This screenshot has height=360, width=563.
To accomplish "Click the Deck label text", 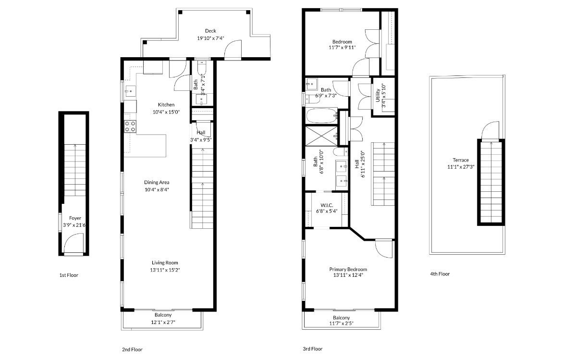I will click(x=210, y=31).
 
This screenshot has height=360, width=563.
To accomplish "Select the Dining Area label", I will click(x=157, y=182).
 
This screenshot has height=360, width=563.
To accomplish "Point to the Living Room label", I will click(x=165, y=263).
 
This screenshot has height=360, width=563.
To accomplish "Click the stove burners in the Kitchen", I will click(x=130, y=126).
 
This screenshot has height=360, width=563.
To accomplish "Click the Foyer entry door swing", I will click(x=75, y=243).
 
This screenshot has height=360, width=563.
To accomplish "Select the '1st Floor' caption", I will click(x=69, y=275).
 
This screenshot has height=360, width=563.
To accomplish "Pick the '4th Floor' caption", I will click(x=440, y=274).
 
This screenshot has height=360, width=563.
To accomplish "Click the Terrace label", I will click(x=460, y=160).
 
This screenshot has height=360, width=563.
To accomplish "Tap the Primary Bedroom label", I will click(x=348, y=269).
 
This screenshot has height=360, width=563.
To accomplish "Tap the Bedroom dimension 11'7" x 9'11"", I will click(x=342, y=48).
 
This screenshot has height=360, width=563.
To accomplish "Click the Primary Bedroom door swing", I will click(x=383, y=248).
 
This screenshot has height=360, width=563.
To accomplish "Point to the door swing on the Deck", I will click(x=236, y=50).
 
